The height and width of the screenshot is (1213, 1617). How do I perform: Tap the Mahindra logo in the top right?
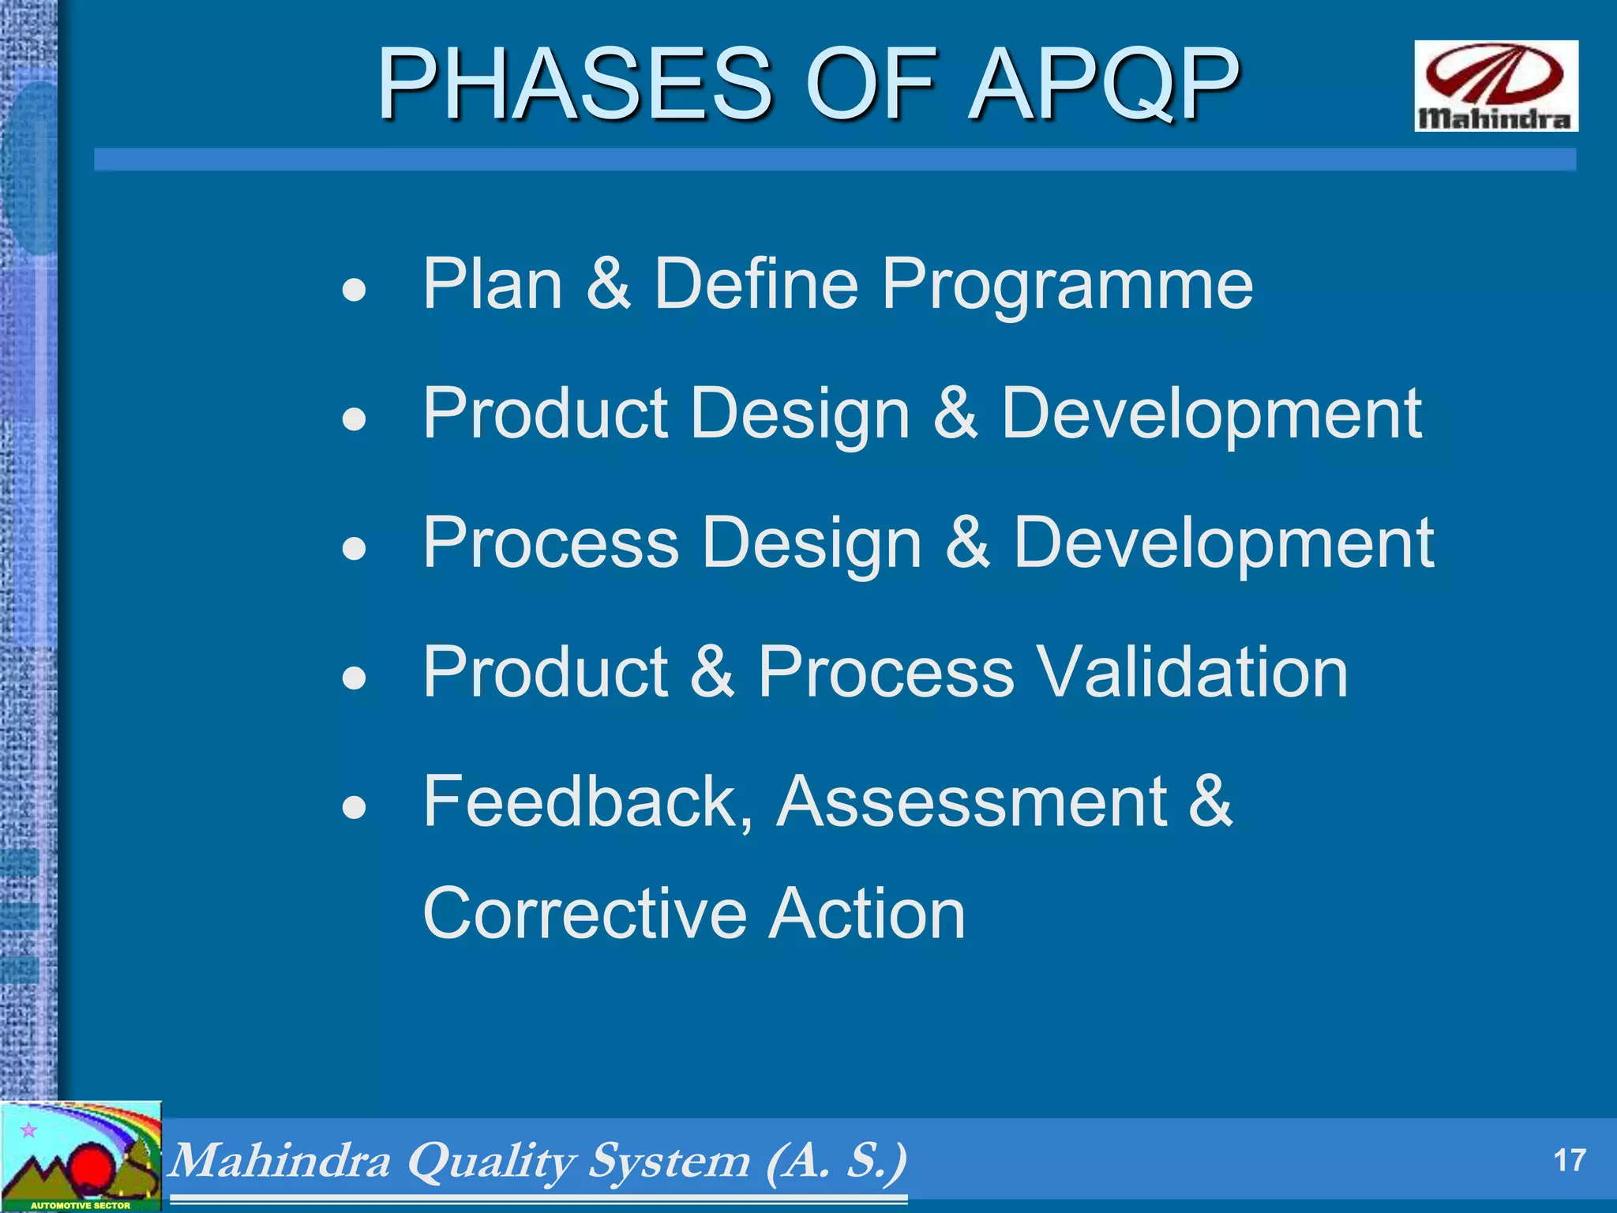click(1495, 85)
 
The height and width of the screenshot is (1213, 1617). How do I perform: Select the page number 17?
click(1569, 1161)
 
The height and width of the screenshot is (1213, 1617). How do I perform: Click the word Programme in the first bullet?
click(1067, 285)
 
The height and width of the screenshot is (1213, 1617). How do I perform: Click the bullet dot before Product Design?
click(355, 419)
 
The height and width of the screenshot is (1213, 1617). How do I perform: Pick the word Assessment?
click(972, 802)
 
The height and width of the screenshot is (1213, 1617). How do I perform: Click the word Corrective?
click(584, 914)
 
